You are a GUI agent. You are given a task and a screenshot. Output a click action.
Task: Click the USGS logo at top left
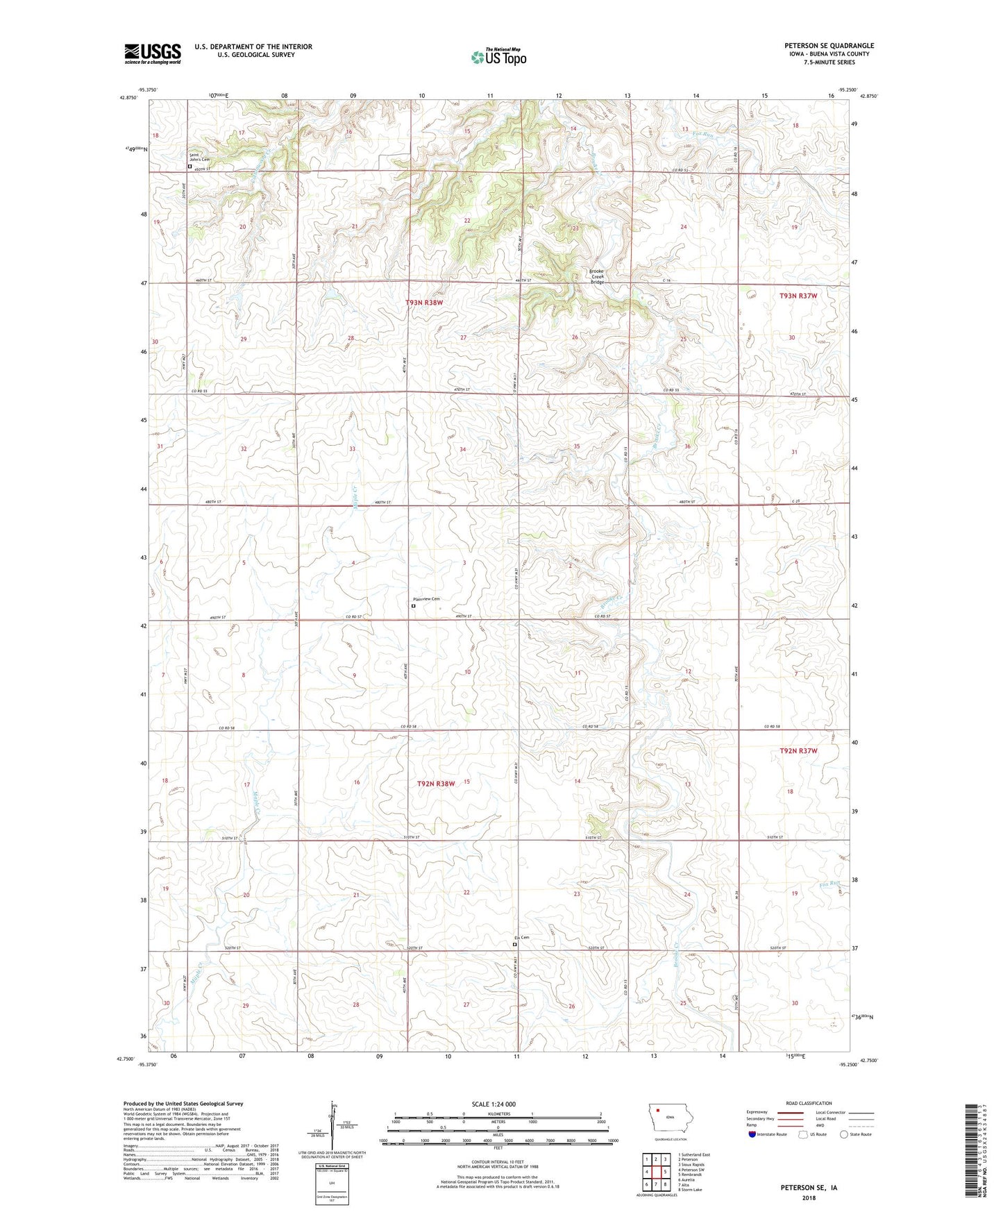[x=153, y=53]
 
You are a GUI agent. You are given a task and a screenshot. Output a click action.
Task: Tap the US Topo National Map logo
[x=498, y=56]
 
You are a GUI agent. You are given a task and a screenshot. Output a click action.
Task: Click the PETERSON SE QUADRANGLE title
[x=829, y=46]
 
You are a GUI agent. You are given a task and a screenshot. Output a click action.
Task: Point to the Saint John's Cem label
[x=199, y=157]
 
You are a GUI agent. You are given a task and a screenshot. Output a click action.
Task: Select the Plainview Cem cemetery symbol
[x=414, y=606]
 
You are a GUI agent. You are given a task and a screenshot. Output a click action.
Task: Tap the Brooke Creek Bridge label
[x=597, y=276]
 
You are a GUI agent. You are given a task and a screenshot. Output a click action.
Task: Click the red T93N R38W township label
[x=424, y=303]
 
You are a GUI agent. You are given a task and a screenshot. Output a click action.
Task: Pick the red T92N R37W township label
[x=798, y=751]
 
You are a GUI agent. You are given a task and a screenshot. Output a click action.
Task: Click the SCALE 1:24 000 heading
[x=494, y=1104]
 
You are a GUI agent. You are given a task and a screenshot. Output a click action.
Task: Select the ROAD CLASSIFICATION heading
[x=809, y=1103]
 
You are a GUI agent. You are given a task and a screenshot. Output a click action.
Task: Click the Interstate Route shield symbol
[x=752, y=1134]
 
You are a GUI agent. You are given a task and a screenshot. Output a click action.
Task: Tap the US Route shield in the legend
[x=804, y=1134]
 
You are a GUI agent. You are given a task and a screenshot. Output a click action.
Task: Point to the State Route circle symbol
[x=844, y=1134]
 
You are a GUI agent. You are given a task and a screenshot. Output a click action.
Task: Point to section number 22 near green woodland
[x=467, y=221]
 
